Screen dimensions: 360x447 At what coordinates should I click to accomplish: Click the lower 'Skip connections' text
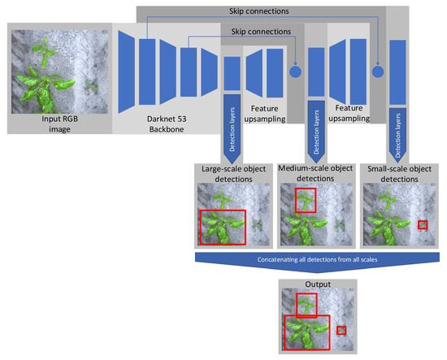pyautogui.click(x=261, y=31)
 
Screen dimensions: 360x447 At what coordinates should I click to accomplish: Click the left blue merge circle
pyautogui.click(x=294, y=72)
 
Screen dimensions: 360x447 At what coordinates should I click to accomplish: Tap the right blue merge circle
pyautogui.click(x=376, y=72)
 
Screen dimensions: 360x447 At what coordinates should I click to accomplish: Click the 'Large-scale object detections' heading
pyautogui.click(x=230, y=173)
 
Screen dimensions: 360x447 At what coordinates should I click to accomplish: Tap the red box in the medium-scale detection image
pyautogui.click(x=306, y=200)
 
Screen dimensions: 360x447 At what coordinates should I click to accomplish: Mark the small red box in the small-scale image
pyautogui.click(x=422, y=224)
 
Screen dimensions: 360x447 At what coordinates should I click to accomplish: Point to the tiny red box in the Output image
pyautogui.click(x=341, y=330)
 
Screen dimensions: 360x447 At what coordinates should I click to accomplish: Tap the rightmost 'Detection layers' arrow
pyautogui.click(x=398, y=122)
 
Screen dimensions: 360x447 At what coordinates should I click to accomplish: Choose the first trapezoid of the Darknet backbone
pyautogui.click(x=127, y=72)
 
